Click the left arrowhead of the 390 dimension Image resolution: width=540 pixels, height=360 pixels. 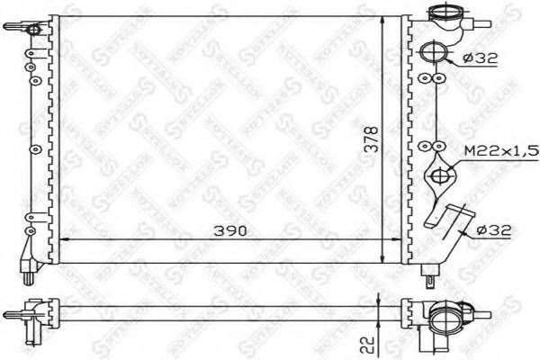tap(63, 239)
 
